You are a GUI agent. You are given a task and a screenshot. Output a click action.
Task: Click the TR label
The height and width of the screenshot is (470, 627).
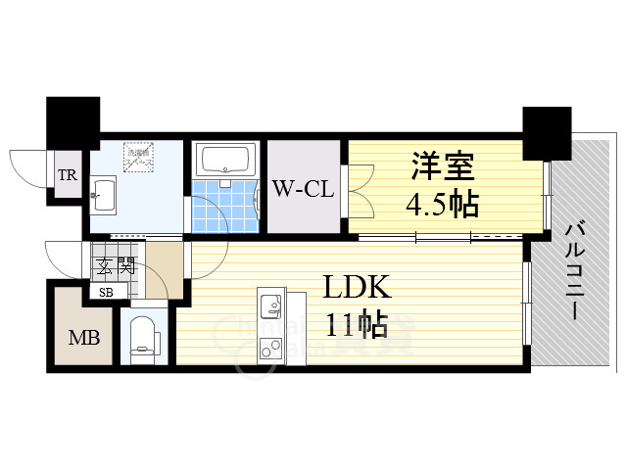pyautogui.click(x=67, y=177)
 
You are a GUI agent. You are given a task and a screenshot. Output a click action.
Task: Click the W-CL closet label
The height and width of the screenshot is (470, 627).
pyautogui.click(x=304, y=187)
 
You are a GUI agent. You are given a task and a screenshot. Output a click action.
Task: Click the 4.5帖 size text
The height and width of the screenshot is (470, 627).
pyautogui.click(x=443, y=205)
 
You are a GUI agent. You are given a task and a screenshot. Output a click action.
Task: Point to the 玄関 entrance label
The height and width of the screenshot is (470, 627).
pyautogui.click(x=113, y=263)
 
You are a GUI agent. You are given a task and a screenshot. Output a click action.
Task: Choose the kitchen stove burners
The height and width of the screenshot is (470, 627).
pyautogui.click(x=269, y=345)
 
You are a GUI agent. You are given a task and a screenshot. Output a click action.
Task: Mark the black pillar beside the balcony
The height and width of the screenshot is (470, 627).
pyautogui.click(x=547, y=131)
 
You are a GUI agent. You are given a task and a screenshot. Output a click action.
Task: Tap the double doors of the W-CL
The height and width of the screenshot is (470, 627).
pyautogui.click(x=356, y=189)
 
